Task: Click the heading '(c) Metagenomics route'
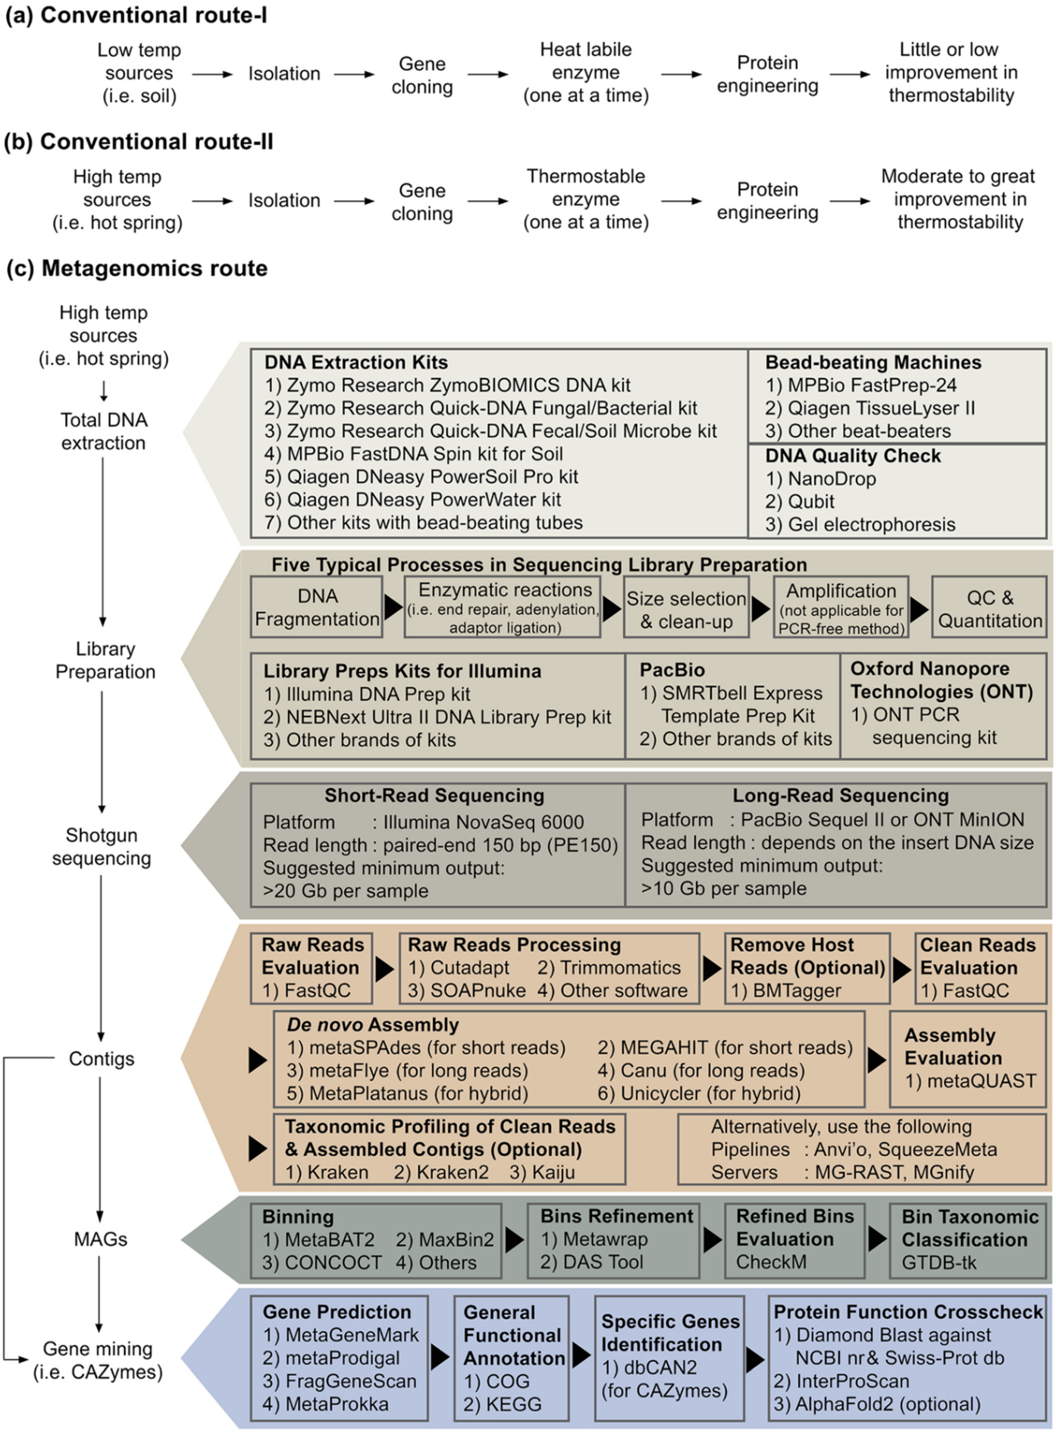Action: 137,268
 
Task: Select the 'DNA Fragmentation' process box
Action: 317,607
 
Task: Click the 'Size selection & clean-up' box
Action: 686,607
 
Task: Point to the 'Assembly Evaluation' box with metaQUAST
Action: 968,1059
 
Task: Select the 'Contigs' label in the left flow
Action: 102,1059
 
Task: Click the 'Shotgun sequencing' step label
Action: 102,847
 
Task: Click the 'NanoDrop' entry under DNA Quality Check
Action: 821,478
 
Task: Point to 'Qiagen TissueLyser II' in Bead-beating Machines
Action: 871,408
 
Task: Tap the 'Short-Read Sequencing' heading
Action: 435,795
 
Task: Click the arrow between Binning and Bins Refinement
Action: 515,1240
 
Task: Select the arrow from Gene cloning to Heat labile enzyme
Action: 488,75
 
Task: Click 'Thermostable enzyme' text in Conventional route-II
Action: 586,188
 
